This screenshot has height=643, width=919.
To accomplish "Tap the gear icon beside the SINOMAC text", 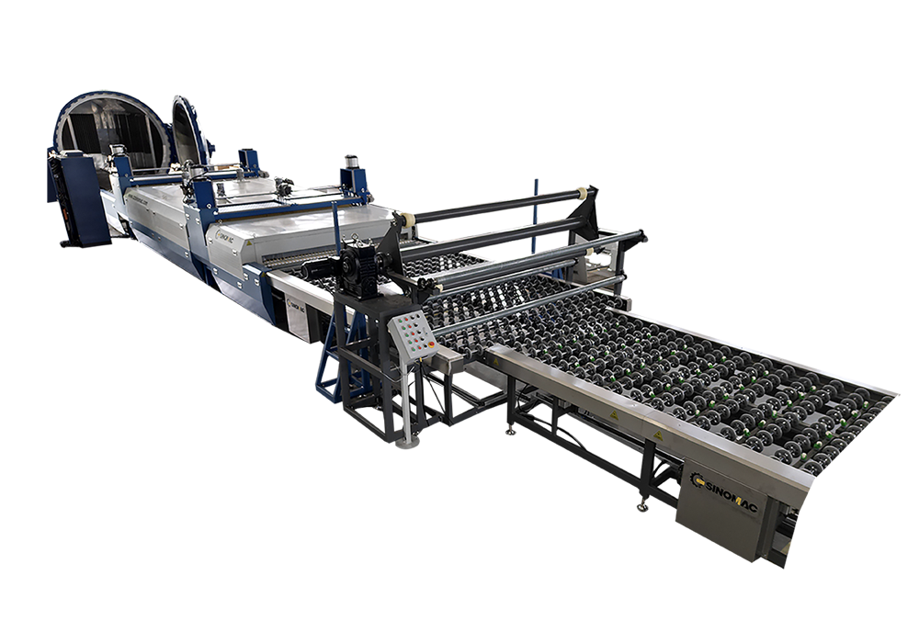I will click(x=698, y=479).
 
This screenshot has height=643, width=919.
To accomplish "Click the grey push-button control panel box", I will click(x=411, y=333).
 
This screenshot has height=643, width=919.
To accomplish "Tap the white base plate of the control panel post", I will click(x=406, y=441).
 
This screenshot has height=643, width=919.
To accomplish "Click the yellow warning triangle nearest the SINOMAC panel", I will click(x=657, y=433).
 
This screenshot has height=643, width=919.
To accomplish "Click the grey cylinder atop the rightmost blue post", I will click(x=351, y=163).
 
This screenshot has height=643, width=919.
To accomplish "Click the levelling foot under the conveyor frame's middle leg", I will click(x=509, y=428).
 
